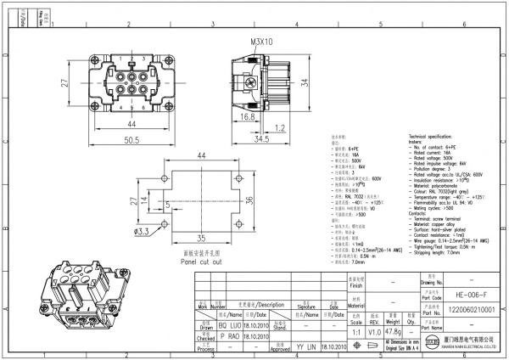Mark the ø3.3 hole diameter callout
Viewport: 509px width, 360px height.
pyautogui.click(x=141, y=230)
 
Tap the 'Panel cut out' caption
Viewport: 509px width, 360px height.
pyautogui.click(x=202, y=261)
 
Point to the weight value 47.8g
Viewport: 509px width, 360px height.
pyautogui.click(x=393, y=333)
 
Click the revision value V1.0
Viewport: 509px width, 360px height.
pyautogui.click(x=374, y=333)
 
